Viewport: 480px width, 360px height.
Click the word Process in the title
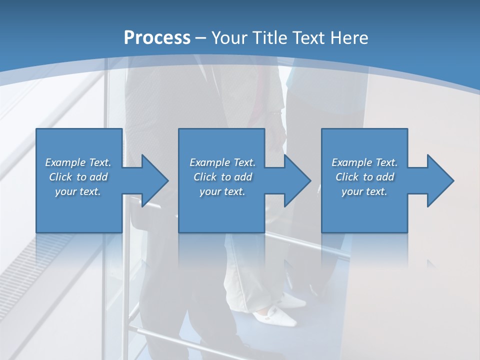tap(157, 38)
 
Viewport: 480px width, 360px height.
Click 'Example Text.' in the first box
tap(78, 162)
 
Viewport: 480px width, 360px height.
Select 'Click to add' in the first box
tap(78, 177)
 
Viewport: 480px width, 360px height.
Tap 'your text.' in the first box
tap(78, 191)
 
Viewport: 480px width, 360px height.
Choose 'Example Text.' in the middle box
tap(222, 162)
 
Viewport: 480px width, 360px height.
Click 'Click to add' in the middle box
tap(222, 177)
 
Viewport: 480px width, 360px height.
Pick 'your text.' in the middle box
tap(222, 191)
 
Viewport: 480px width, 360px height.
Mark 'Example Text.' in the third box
tap(364, 162)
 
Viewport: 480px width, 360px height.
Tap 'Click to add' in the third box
tap(364, 177)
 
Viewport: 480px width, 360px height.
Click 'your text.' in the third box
tap(364, 191)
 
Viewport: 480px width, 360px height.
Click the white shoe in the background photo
tap(270, 314)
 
